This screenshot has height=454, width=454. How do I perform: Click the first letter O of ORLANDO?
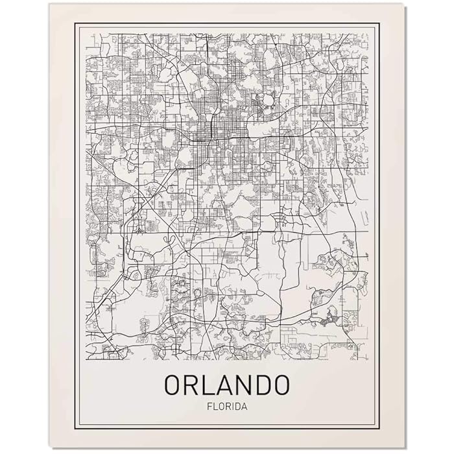tap(173, 384)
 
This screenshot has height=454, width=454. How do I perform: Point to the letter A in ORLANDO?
tap(226, 384)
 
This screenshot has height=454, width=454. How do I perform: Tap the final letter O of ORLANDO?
tap(281, 384)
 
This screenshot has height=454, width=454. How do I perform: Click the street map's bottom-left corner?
tap(86, 360)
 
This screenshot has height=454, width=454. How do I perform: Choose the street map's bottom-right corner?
tap(368, 360)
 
